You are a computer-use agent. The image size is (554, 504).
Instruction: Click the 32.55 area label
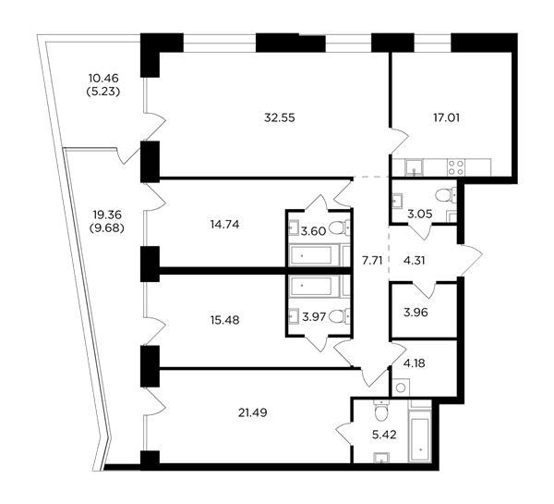(280, 117)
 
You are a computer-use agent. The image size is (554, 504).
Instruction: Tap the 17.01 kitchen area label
(447, 117)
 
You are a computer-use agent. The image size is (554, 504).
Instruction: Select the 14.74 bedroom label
(224, 225)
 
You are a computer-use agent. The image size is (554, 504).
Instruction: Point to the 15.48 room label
(224, 320)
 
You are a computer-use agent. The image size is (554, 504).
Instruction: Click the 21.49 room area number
(253, 412)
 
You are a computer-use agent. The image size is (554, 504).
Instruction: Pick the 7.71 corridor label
(372, 261)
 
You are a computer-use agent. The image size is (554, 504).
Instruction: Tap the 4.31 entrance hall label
(414, 261)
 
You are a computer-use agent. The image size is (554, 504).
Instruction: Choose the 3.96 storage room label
(415, 313)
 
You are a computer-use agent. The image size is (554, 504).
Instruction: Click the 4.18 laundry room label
(414, 363)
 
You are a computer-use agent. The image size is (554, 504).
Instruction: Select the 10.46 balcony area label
(103, 78)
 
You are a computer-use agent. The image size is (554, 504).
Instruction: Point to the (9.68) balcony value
(107, 228)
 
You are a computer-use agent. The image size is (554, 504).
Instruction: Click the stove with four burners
(456, 167)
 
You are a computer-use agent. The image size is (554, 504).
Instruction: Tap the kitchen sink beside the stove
(414, 167)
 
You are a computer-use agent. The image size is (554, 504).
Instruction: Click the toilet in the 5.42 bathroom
(380, 411)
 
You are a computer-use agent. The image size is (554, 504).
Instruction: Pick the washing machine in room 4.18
(401, 387)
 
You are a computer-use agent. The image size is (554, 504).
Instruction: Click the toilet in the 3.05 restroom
(445, 195)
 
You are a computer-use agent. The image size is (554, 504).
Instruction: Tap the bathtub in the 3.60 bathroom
(310, 255)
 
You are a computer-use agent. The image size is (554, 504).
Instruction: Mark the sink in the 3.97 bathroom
(294, 314)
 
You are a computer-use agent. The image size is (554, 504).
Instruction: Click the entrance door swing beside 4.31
(471, 260)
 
